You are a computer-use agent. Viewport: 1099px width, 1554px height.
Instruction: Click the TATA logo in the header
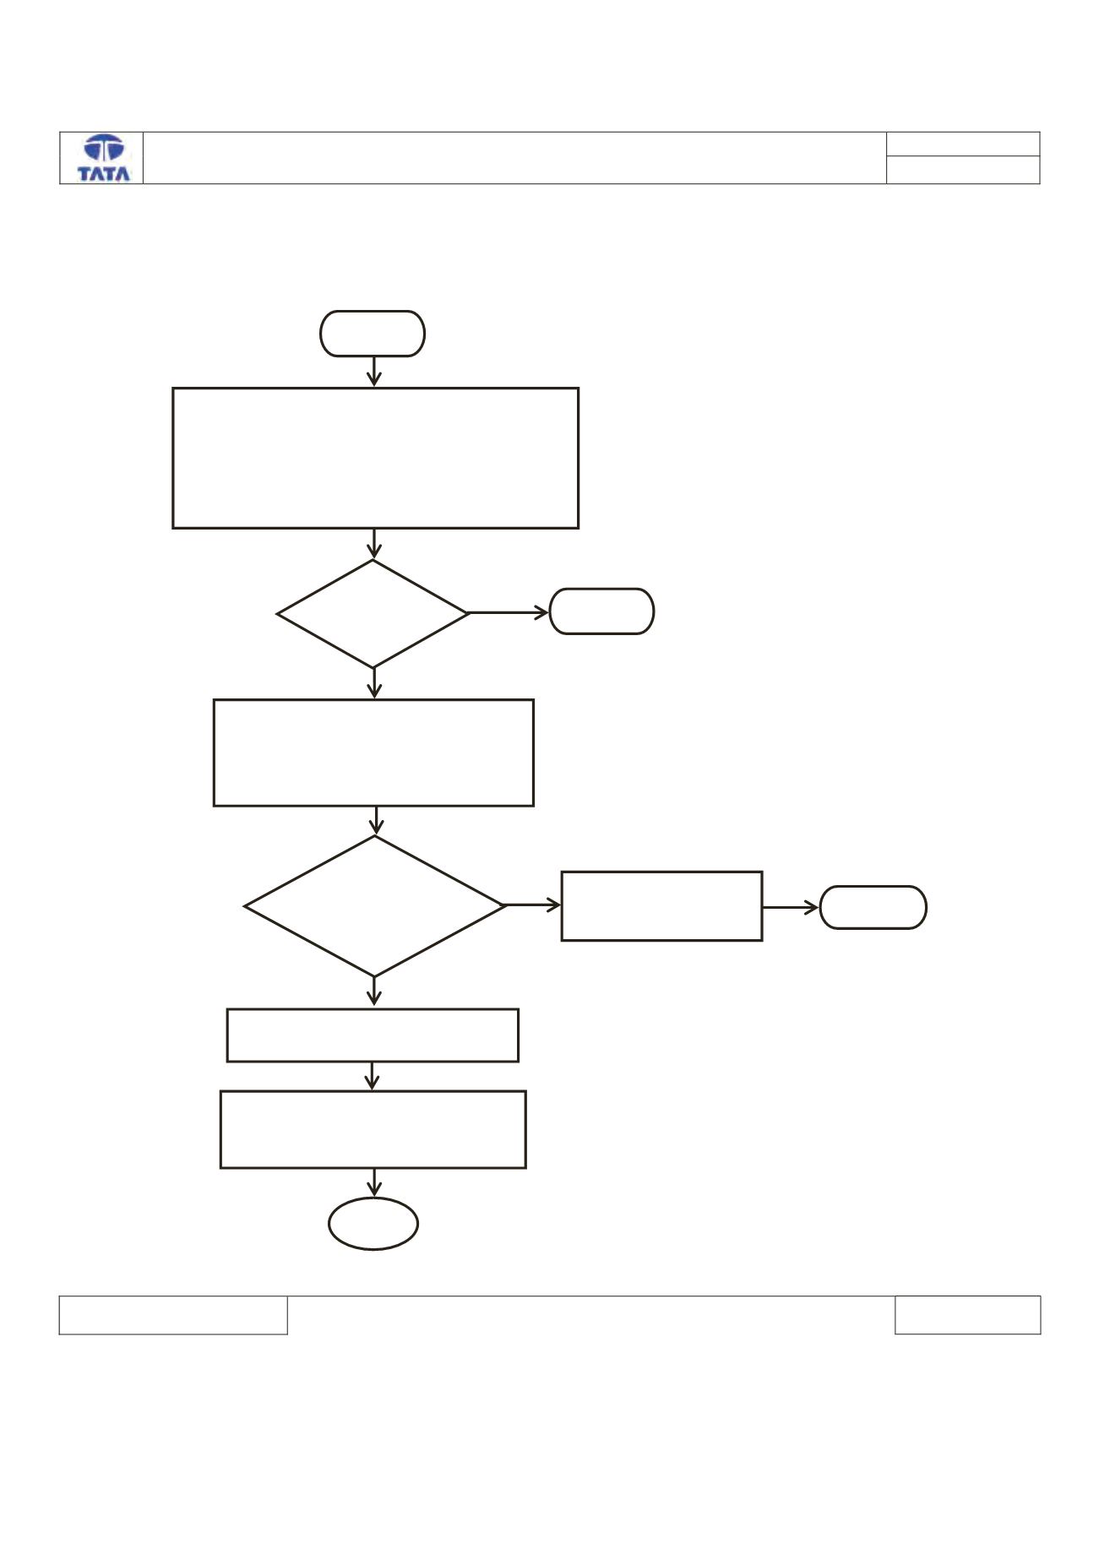pos(104,158)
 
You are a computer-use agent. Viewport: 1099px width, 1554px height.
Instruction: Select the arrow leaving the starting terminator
pos(373,372)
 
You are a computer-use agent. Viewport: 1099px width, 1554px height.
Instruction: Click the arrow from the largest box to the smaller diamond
pos(373,544)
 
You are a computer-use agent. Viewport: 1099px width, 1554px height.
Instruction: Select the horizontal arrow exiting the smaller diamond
pos(509,613)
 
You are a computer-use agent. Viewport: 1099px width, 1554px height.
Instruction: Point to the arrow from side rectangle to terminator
pos(791,907)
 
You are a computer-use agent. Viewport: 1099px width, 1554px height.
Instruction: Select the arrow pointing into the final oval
pos(373,1182)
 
